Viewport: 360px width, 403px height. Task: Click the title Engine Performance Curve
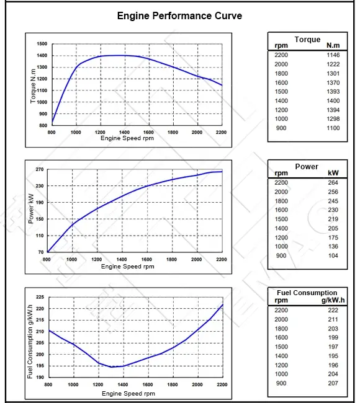pos(179,15)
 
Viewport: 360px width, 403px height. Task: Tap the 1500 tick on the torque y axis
pos(42,44)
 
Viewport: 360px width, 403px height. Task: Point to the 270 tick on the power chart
pos(40,169)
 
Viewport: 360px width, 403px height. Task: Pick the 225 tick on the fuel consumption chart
pos(40,297)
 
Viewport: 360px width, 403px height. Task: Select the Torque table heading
pos(307,40)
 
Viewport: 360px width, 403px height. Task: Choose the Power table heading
pos(307,167)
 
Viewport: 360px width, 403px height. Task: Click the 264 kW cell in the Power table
pos(333,183)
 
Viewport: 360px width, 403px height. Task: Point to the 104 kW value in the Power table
pos(333,255)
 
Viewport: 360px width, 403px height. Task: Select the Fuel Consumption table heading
pos(307,293)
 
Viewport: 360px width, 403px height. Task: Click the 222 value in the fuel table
pos(333,310)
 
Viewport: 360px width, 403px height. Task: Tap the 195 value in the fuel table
pos(333,356)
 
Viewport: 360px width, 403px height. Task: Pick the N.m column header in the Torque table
pos(334,46)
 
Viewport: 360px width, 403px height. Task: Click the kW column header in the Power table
pos(333,174)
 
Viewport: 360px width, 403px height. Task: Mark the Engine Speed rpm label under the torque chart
pos(127,138)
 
